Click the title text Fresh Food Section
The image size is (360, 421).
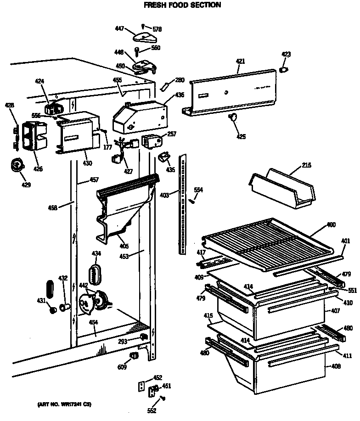click(x=183, y=6)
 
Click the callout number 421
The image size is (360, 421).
click(x=241, y=62)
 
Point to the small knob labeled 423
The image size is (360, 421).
click(x=284, y=69)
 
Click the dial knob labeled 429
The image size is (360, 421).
click(x=17, y=164)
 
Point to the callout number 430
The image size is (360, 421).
click(x=87, y=163)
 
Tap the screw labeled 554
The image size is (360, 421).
click(x=193, y=199)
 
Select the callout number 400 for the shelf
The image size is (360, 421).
click(x=331, y=225)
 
